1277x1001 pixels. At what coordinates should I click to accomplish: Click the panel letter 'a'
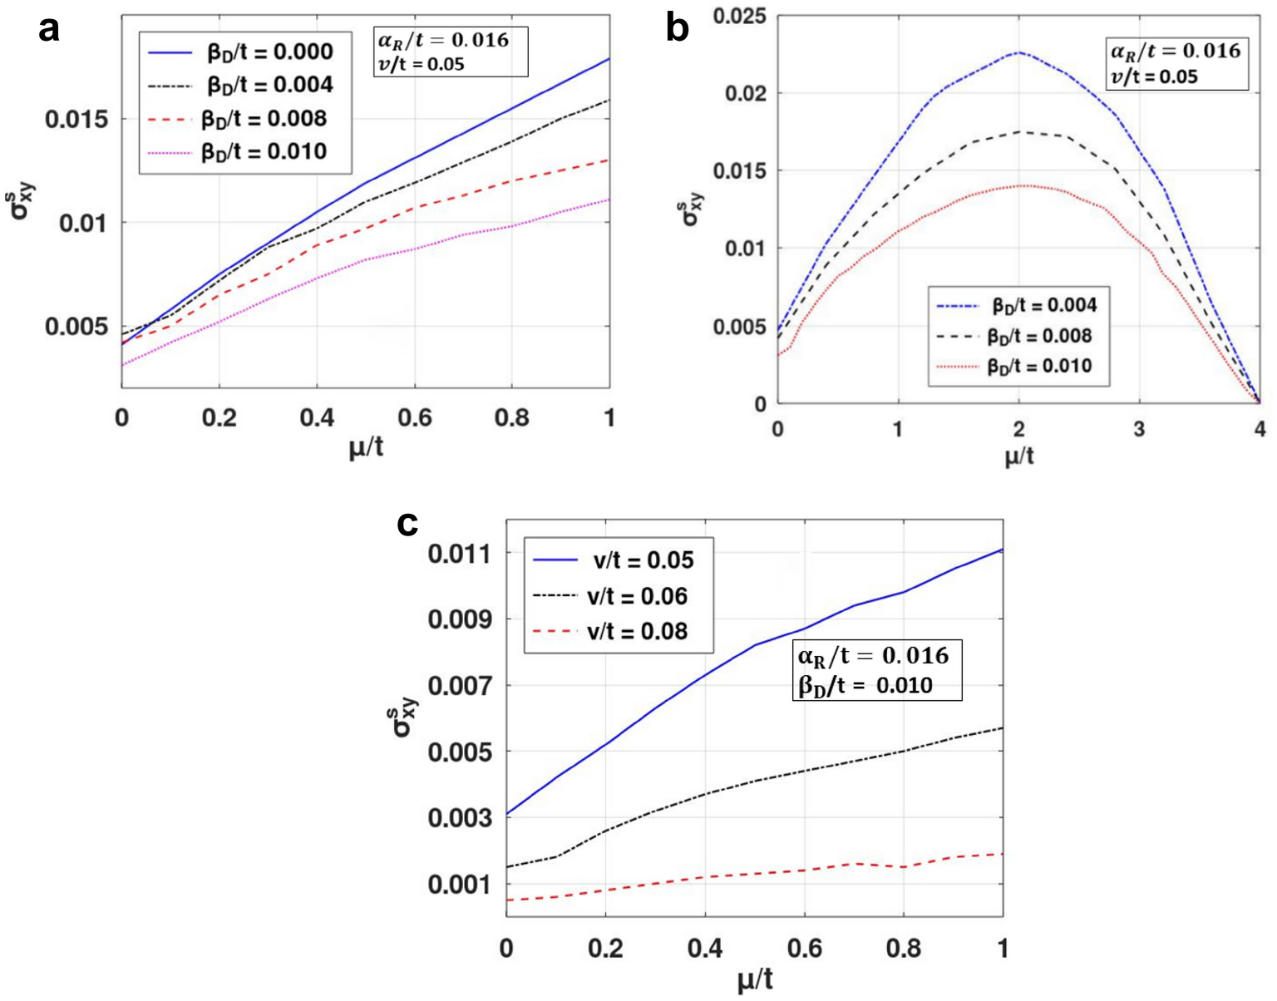[49, 30]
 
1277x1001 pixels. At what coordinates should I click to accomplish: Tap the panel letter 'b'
[678, 30]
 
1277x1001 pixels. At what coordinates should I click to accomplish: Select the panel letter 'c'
[407, 524]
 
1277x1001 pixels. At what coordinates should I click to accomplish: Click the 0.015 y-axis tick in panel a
[76, 119]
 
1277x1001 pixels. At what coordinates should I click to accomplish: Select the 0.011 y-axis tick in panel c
[460, 553]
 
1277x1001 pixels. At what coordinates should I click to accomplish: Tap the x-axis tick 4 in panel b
[1260, 429]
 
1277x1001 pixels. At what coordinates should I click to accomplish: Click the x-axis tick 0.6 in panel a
[414, 417]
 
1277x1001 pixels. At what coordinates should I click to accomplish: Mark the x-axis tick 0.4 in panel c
[705, 948]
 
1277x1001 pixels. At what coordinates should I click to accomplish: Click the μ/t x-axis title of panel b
[1018, 456]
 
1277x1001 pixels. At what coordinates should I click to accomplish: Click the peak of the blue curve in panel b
[1018, 52]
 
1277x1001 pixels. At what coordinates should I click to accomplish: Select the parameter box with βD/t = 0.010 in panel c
[876, 670]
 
